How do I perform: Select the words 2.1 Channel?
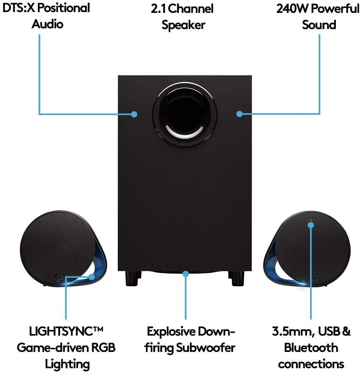(x=183, y=9)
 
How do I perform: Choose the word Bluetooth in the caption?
(x=311, y=347)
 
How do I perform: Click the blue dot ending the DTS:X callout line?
(x=134, y=114)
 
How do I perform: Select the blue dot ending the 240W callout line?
(x=239, y=114)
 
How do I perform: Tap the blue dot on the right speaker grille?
(x=311, y=226)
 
